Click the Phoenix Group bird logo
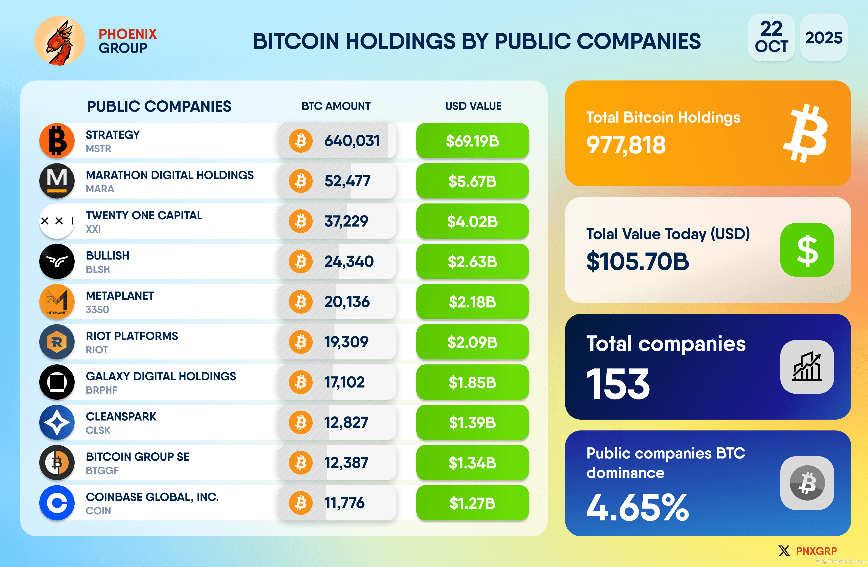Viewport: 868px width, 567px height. tap(59, 41)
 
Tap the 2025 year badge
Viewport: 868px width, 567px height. tap(823, 38)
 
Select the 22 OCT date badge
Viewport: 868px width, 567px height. tap(771, 38)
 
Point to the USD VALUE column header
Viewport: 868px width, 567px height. tap(473, 106)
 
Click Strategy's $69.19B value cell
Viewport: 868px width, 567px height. tap(472, 141)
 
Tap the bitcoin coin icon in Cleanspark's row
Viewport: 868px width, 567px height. tap(300, 423)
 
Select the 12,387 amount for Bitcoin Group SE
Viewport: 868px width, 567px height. tap(346, 463)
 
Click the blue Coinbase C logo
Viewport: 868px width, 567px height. tap(57, 503)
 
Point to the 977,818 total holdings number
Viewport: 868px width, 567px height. tap(626, 145)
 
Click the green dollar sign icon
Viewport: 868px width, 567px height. tap(807, 250)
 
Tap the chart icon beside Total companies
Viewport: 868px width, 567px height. tap(807, 367)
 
